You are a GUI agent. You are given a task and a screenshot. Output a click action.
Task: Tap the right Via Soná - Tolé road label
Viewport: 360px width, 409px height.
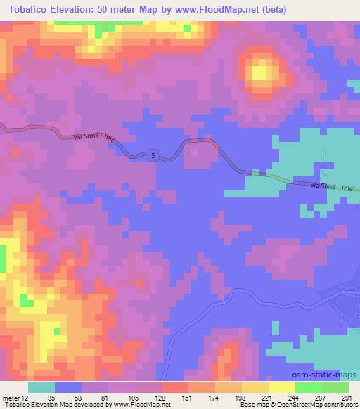coord(331,188)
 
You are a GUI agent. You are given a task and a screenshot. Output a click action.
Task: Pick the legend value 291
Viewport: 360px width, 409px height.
coord(347,398)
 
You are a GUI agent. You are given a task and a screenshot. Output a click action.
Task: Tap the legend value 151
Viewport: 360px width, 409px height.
coord(188,398)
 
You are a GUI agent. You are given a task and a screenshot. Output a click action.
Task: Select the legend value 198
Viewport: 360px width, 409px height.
coord(242,398)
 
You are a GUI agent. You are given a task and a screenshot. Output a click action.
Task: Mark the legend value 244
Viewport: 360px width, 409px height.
coord(295,398)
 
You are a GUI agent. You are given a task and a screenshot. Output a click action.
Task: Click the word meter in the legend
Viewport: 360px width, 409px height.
coord(11,398)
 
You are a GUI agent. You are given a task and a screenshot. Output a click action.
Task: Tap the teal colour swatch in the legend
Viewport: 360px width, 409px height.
coord(41,387)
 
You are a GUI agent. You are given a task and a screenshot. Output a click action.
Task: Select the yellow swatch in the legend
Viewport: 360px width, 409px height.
coord(281,387)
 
